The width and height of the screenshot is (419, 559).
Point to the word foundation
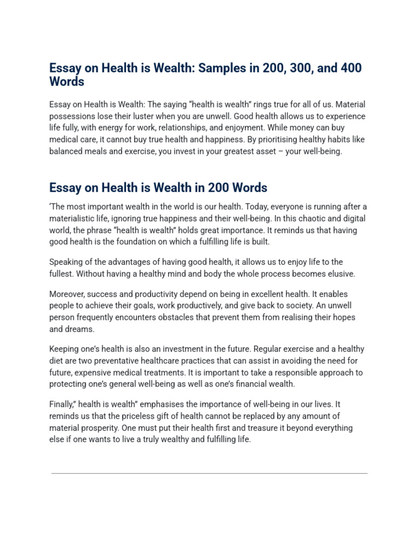tap(153, 242)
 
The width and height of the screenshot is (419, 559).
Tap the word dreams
tap(79, 329)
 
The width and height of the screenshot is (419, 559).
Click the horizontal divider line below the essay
tap(209, 473)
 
